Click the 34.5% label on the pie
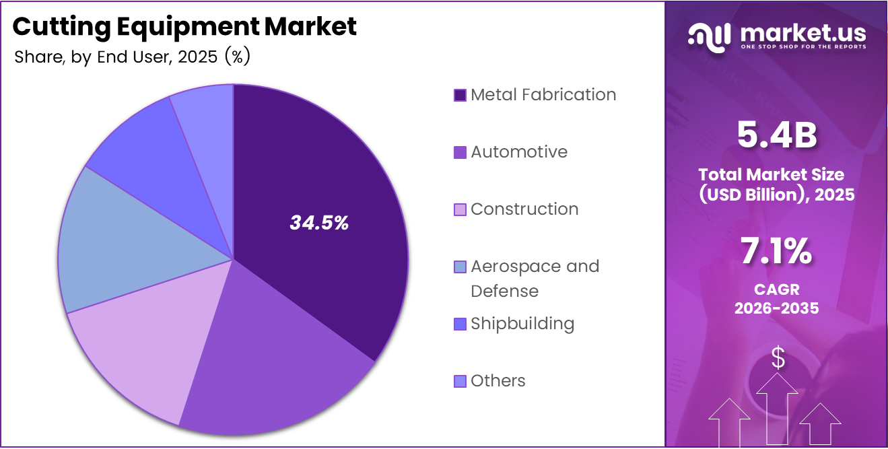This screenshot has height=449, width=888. [319, 223]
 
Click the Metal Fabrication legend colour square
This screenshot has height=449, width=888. [460, 95]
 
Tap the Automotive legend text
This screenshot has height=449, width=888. [518, 152]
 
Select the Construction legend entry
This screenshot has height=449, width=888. [524, 209]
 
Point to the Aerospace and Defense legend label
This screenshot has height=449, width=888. [535, 279]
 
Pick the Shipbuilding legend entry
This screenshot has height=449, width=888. [522, 324]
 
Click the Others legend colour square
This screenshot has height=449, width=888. [460, 381]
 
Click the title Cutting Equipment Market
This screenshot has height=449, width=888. [184, 27]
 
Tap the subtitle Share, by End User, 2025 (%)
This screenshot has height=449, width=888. [132, 57]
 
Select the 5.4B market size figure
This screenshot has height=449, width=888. [777, 135]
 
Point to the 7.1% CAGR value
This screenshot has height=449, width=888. [777, 252]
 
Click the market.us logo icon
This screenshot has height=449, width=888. [710, 37]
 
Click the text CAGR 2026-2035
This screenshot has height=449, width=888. [777, 299]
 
